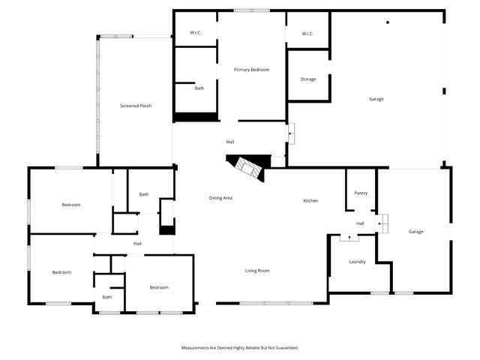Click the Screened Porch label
(x=136, y=106)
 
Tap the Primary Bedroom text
(x=251, y=70)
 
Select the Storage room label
(x=308, y=79)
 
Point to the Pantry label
(x=361, y=193)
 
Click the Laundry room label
(x=357, y=262)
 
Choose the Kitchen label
(x=311, y=200)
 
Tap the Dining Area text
(x=220, y=197)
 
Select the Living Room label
(x=257, y=270)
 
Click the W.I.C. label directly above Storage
(x=307, y=34)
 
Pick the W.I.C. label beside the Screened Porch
(x=195, y=33)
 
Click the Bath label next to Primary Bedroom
(x=199, y=88)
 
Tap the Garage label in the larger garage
(x=376, y=99)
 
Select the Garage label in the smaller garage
(x=415, y=232)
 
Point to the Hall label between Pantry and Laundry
(x=360, y=223)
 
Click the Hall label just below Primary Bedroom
(x=231, y=142)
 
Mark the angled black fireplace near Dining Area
(x=247, y=167)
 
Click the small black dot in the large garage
(x=388, y=22)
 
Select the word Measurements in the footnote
(x=197, y=348)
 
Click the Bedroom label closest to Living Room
(x=158, y=287)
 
